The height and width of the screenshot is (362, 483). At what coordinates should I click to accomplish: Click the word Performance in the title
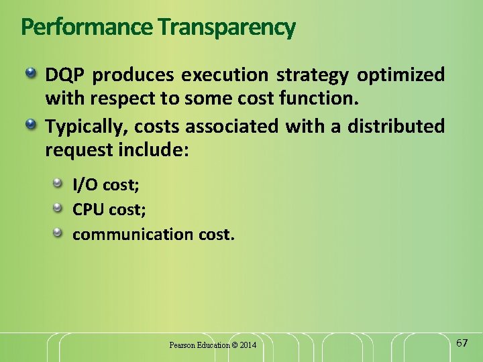pyautogui.click(x=87, y=27)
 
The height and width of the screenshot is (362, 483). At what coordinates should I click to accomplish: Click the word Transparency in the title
pyautogui.click(x=226, y=27)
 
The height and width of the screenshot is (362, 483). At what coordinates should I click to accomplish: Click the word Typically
pyautogui.click(x=85, y=126)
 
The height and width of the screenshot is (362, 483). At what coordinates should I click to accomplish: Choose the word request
pyautogui.click(x=78, y=150)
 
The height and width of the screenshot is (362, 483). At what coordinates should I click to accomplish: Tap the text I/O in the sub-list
pyautogui.click(x=86, y=184)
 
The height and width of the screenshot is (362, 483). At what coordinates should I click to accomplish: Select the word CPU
pyautogui.click(x=88, y=209)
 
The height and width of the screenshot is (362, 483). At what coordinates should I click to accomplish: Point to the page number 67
pyautogui.click(x=462, y=343)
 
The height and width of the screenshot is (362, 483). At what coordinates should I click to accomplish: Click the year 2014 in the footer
pyautogui.click(x=248, y=345)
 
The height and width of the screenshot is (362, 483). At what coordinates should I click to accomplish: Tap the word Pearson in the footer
pyautogui.click(x=182, y=345)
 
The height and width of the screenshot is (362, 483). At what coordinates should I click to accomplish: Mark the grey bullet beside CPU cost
pyautogui.click(x=59, y=208)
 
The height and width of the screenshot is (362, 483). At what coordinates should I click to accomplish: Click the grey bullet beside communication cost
pyautogui.click(x=59, y=233)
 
